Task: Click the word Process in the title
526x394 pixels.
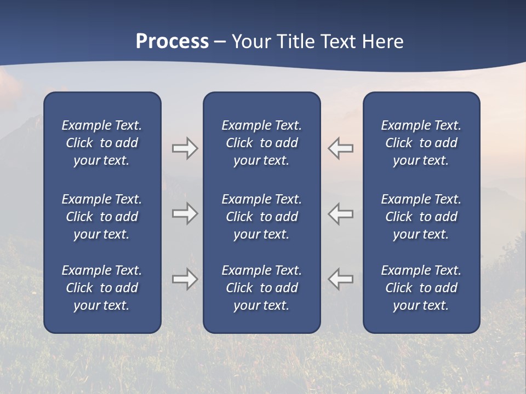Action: [x=172, y=42]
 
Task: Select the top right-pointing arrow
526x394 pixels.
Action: [x=185, y=148]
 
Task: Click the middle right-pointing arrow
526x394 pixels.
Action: [x=185, y=213]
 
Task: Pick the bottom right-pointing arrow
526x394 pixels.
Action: [x=185, y=279]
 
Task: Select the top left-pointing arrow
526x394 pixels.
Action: [x=341, y=148]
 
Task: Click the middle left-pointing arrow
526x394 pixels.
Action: [x=341, y=213]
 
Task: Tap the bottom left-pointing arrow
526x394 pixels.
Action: [x=341, y=279]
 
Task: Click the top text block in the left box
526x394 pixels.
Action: [x=102, y=143]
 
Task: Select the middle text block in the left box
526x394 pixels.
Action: [x=102, y=217]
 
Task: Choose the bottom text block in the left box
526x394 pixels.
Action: [x=102, y=288]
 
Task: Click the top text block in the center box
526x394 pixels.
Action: [x=261, y=143]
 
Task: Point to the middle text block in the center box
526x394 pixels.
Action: [x=261, y=217]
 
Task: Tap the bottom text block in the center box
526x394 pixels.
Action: [x=261, y=288]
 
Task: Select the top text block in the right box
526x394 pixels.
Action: [x=421, y=143]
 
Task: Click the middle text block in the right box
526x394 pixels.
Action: [x=421, y=217]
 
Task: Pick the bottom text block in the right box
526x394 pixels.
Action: [x=421, y=288]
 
